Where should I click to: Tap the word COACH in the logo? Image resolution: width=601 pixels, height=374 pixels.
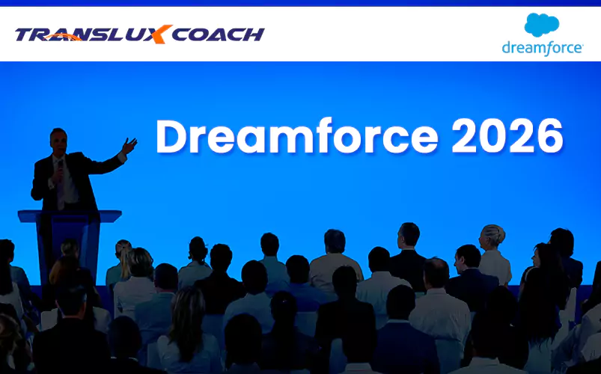coord(218,34)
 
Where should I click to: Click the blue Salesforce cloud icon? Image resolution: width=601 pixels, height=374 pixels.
coord(542,25)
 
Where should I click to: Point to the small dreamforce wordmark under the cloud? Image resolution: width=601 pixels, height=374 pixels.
coord(543,49)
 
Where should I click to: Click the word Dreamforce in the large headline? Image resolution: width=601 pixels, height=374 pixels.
coord(296,136)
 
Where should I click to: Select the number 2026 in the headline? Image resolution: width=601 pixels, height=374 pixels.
coord(507,137)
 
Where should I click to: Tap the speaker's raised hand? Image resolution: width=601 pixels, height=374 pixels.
coord(129,146)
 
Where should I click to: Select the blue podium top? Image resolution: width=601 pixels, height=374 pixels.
coord(70,216)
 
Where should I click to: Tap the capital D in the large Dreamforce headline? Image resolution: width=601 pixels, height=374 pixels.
coord(171,137)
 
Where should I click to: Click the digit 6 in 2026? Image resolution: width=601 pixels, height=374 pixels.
coord(550,137)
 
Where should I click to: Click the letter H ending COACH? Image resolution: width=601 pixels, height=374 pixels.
coord(252,35)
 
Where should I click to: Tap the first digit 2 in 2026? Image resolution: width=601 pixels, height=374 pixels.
coord(465,136)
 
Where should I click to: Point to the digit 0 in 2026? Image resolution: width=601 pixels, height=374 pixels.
coord(493,137)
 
